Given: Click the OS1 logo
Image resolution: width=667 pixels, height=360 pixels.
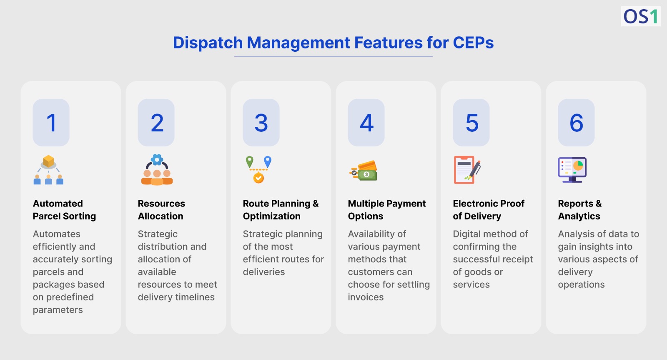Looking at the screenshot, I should pos(640,17).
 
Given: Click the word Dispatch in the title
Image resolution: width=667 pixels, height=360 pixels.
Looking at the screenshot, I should pos(208,43).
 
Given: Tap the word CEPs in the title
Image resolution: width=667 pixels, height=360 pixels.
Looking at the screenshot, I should pos(473,43).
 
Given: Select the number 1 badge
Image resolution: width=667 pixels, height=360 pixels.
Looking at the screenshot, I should pos(51,123).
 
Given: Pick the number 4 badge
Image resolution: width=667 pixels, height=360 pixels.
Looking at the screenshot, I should pos(366,123).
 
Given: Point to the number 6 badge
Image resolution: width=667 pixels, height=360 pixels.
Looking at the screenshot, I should pos(576,123).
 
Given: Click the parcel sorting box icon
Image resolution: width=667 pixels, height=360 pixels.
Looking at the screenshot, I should pos(48,161).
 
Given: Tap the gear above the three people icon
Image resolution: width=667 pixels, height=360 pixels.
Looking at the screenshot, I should pos(157,159).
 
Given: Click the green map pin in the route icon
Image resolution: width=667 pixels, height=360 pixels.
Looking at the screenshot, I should pos(249,161).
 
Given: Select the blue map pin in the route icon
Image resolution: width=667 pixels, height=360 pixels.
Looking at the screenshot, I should pos(268,161).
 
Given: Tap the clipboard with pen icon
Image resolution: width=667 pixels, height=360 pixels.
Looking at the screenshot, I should pos(466,170).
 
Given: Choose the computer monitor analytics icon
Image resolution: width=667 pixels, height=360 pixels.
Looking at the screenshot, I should pos(572,169).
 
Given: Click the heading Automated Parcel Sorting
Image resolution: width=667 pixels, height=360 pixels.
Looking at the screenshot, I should pos(64,210).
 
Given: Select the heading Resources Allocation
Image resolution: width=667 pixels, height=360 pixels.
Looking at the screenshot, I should pos(161,210).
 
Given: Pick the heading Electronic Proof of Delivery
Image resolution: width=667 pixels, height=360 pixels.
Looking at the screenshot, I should pos(488,210).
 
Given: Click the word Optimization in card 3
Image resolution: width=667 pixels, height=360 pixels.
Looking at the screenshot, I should pos(271,216).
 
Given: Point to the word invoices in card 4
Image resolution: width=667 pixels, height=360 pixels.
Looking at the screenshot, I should pos(366,297).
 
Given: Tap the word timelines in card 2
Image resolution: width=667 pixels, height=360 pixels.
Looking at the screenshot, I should pos(194,297).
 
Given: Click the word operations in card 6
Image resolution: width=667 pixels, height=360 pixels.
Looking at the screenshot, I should pos(581,284).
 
